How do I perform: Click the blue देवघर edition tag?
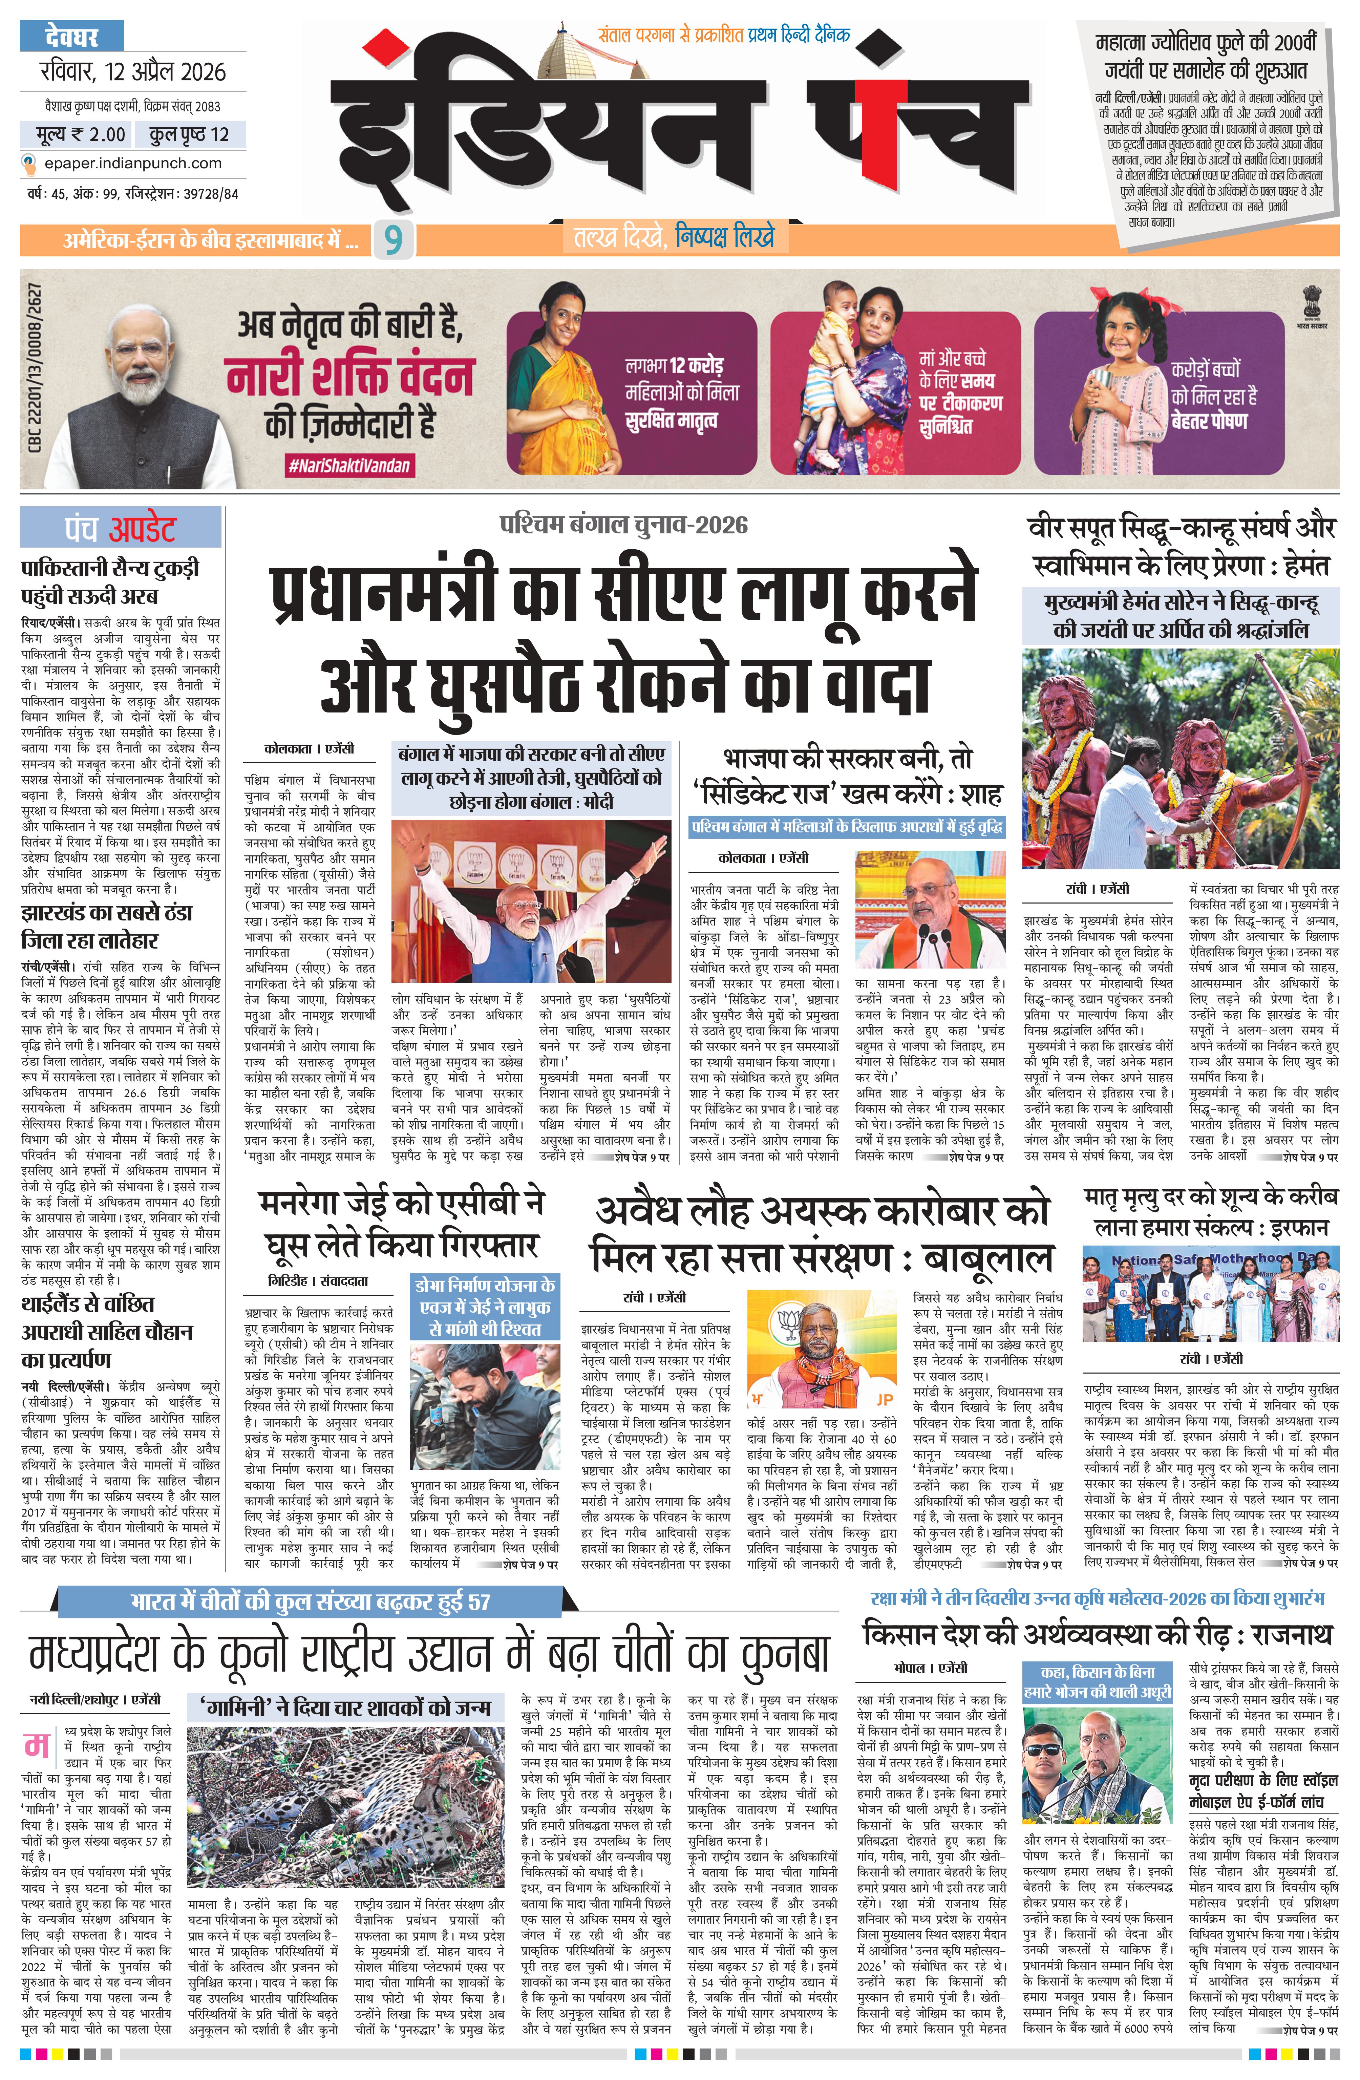pos(72,38)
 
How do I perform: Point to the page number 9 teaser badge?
pos(393,239)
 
